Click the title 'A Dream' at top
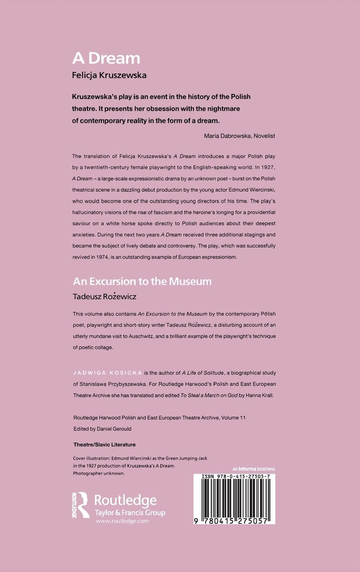106,58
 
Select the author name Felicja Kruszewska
109,76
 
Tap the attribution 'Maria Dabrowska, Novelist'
239,136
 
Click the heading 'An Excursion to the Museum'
142,281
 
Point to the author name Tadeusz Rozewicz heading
105,297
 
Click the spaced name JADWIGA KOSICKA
107,373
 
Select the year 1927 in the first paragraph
268,167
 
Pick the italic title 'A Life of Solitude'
202,373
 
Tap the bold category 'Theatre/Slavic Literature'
104,445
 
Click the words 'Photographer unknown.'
99,473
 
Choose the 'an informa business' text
254,469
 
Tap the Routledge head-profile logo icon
81,505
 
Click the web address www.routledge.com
122,521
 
